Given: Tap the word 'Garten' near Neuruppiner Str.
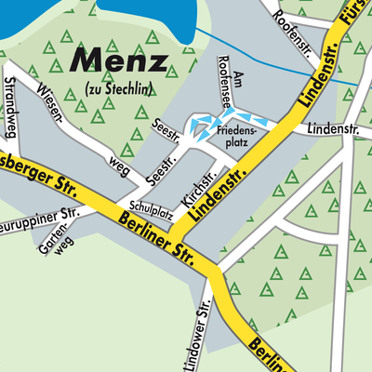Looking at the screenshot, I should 54,238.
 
